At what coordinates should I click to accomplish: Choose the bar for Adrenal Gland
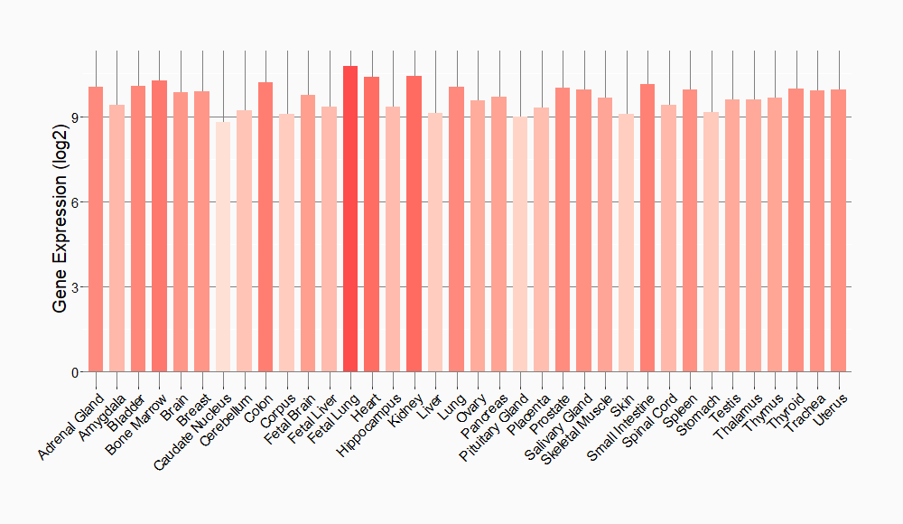tap(96, 229)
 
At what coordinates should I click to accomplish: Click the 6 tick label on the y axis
tap(76, 202)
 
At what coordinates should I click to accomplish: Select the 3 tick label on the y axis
tap(76, 287)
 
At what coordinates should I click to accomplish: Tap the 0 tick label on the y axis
tap(76, 372)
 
